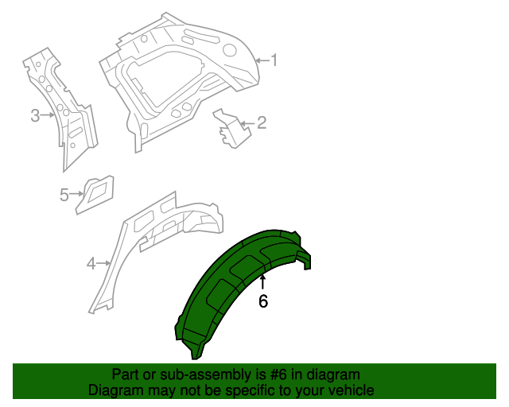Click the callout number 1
click(x=274, y=60)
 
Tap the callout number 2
click(x=262, y=122)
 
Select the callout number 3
click(x=35, y=115)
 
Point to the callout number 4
click(x=91, y=263)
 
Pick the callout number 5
click(x=64, y=195)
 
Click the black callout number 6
click(x=263, y=300)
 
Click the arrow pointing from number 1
click(x=262, y=60)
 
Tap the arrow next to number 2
click(x=248, y=123)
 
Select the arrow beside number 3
click(x=48, y=115)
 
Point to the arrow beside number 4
click(x=104, y=263)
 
